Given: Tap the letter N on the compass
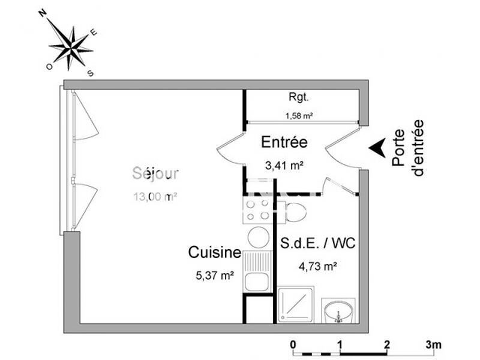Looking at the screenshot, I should tap(43, 12).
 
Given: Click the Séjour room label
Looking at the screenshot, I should tap(155, 173).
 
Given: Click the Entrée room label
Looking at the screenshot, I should tap(284, 142).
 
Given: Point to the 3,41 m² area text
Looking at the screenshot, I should tap(284, 164).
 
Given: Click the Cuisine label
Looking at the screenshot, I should tap(215, 253).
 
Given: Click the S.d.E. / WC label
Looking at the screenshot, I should tap(317, 244).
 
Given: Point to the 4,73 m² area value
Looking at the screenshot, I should tap(317, 267).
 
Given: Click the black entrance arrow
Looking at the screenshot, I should tap(377, 148).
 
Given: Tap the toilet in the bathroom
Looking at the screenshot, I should tap(295, 211).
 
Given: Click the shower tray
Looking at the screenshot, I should tap(296, 305).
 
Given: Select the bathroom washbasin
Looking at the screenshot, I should tap(338, 312).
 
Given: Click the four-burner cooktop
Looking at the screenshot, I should tap(257, 210).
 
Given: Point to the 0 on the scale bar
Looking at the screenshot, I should tap(293, 344).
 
